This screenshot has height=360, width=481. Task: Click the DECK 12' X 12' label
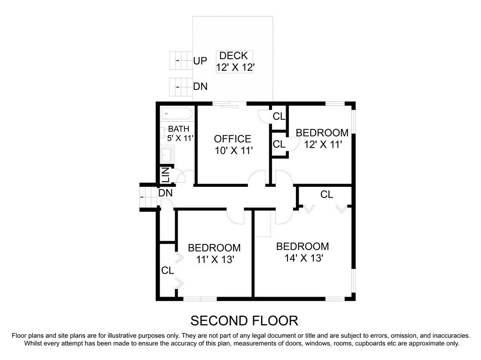235,61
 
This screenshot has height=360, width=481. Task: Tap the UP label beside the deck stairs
200,61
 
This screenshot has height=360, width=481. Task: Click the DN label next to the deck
200,87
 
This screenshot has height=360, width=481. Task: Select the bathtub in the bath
177,114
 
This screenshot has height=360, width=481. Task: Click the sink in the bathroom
167,153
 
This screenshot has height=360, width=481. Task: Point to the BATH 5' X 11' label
180,133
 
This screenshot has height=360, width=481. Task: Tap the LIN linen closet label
165,175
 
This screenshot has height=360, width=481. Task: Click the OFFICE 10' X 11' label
233,145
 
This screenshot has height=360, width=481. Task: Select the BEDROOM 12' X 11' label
322,138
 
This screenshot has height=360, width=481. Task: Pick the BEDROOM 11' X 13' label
214,253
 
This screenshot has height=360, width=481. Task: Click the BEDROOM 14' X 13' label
303,252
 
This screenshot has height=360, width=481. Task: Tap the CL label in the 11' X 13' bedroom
168,271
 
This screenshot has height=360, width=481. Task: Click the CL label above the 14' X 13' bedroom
327,194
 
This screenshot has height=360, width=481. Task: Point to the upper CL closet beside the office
279,116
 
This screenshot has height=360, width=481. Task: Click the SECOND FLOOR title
244,321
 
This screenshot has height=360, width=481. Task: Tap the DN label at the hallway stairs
165,193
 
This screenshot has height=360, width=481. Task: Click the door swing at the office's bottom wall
257,179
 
